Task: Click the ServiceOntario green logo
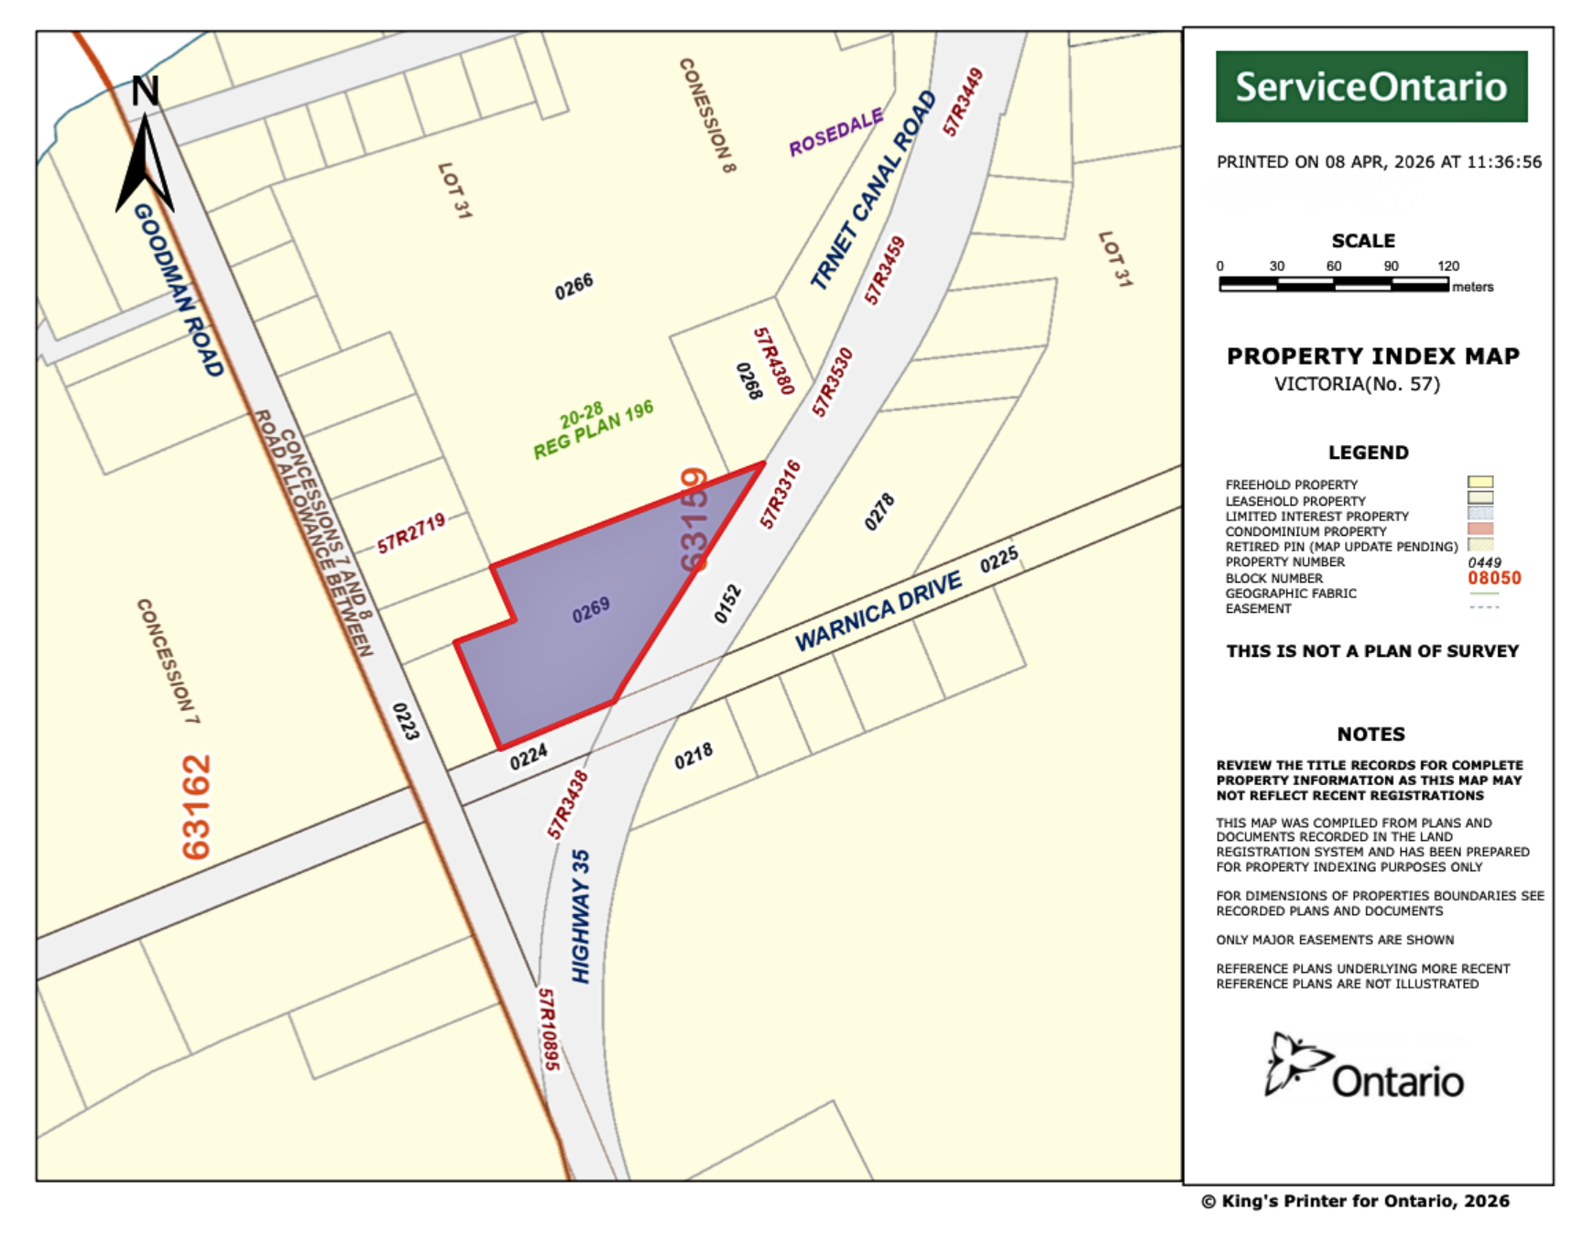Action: coord(1370,87)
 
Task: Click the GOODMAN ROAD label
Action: coord(179,289)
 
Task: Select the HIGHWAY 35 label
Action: coord(581,916)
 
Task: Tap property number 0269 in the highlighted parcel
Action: coord(591,610)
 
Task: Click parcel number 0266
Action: coord(574,287)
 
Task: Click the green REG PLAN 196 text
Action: coord(594,430)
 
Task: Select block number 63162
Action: coord(197,807)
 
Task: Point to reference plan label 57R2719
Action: coord(411,533)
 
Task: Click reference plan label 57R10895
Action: coord(548,1029)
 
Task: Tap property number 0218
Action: coord(693,757)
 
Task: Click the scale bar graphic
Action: coord(1334,285)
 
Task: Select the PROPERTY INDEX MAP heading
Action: coord(1372,356)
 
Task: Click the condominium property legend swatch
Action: coord(1480,529)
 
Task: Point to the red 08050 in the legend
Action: coord(1494,578)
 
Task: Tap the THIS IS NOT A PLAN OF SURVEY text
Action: coord(1372,651)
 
